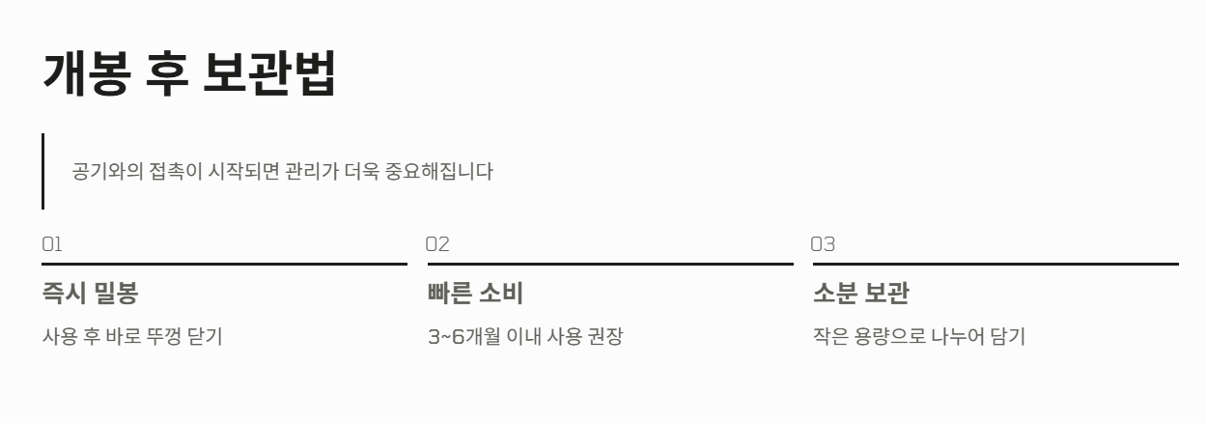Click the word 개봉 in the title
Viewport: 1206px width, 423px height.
(x=84, y=74)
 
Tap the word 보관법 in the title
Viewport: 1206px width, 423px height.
(x=269, y=74)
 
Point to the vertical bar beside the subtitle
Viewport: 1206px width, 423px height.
(x=42, y=171)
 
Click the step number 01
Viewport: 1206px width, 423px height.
(x=51, y=244)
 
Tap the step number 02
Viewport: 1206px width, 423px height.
(x=437, y=244)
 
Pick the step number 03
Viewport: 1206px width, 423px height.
(x=823, y=244)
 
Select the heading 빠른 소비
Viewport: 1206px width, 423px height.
(x=475, y=293)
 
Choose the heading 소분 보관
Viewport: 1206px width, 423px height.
(x=860, y=293)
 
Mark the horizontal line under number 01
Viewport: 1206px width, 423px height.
(x=224, y=264)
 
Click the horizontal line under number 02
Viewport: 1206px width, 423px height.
(x=609, y=264)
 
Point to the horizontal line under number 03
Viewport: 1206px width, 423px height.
(x=995, y=264)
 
